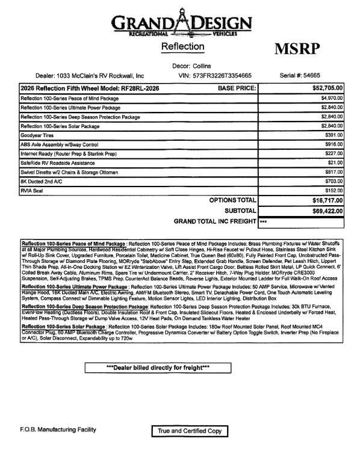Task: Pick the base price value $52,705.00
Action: coord(327,88)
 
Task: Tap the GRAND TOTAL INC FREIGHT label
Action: coord(214,221)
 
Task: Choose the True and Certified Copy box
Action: coord(190,431)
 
